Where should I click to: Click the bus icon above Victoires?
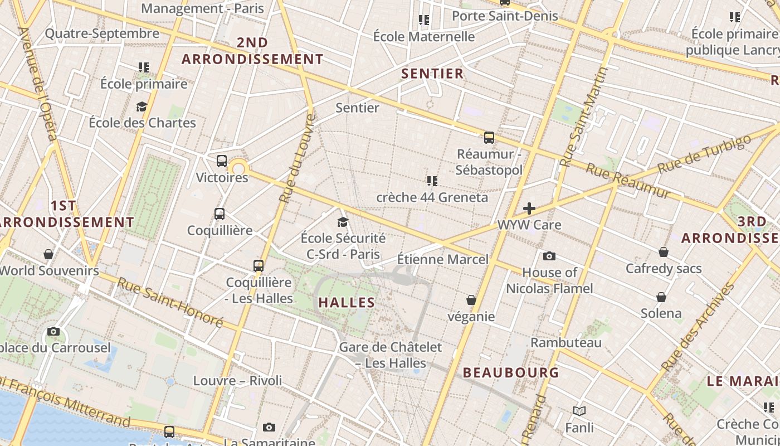point(222,161)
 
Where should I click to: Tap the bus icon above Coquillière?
point(220,214)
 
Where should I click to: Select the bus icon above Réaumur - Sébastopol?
point(489,137)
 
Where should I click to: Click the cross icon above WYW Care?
point(529,209)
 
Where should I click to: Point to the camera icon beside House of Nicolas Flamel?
point(549,256)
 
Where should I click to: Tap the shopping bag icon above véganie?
point(471,300)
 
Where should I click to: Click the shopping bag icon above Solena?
point(661,297)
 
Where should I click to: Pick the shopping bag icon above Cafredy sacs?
point(664,252)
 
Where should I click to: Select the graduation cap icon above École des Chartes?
point(142,106)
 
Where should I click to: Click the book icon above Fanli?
point(579,411)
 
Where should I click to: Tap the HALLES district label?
point(347,303)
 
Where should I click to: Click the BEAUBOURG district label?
point(511,372)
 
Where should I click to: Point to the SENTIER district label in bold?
point(432,74)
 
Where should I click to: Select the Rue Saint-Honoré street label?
point(170,302)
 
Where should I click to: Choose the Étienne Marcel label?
point(442,259)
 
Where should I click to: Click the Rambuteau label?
point(566,342)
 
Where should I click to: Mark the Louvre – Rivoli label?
point(237,381)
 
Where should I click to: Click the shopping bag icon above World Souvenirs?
point(48,254)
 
